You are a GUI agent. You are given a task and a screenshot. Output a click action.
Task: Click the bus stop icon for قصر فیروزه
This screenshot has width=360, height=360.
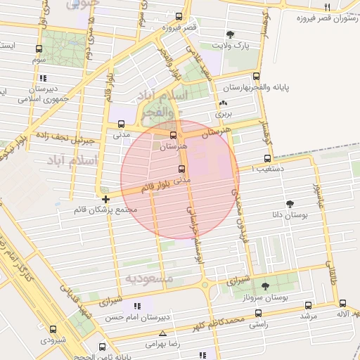pos(179,16)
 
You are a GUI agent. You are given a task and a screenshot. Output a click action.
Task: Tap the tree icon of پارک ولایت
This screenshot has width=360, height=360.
pos(231,34)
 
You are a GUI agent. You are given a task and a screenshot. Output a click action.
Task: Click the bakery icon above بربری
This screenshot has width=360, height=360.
pos(223,103)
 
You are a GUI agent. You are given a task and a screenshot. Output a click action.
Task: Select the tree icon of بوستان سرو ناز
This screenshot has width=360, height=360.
pos(265,285)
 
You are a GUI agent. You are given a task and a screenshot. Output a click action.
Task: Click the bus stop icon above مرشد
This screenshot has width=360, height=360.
pos(308,304)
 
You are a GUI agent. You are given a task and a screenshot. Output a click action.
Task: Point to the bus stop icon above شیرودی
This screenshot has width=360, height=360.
pos(53,328)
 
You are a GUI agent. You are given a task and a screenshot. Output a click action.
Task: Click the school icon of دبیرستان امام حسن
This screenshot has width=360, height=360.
pos(138,307)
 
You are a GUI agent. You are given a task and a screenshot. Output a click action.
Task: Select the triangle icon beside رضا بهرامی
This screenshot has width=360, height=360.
pos(164,333)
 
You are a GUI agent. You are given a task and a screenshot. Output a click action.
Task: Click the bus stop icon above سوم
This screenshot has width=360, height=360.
pos(38,49)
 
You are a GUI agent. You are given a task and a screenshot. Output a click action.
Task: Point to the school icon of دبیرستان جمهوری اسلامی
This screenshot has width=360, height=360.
pos(44,78)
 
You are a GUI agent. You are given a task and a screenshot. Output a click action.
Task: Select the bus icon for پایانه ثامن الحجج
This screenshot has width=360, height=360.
pos(103,347)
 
